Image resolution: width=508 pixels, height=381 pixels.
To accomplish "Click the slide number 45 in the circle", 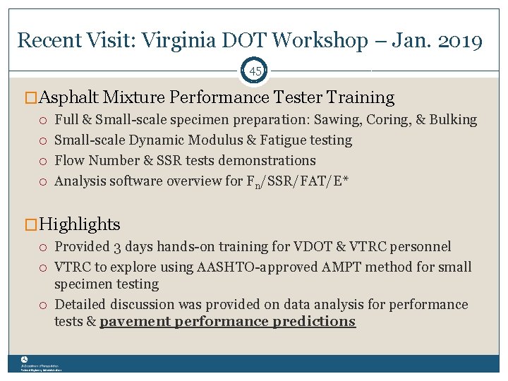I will (x=255, y=71).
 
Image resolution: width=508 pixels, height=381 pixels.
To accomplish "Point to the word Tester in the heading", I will (x=301, y=97).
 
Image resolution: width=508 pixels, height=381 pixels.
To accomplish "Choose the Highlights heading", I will (x=80, y=224).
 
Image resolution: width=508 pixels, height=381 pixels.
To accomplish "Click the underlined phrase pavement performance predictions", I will (x=227, y=322).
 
